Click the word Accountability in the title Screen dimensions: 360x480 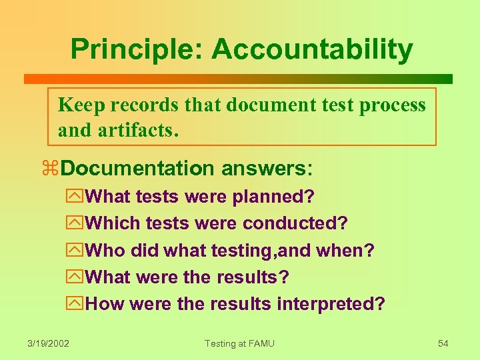tap(312, 50)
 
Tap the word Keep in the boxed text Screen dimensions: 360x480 tap(82, 105)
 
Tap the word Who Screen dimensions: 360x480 tap(106, 251)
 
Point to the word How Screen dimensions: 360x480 tap(106, 304)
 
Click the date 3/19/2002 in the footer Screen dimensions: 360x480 tap(49, 343)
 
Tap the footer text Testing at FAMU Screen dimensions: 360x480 tap(239, 343)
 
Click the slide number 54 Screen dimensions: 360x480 tap(443, 343)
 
